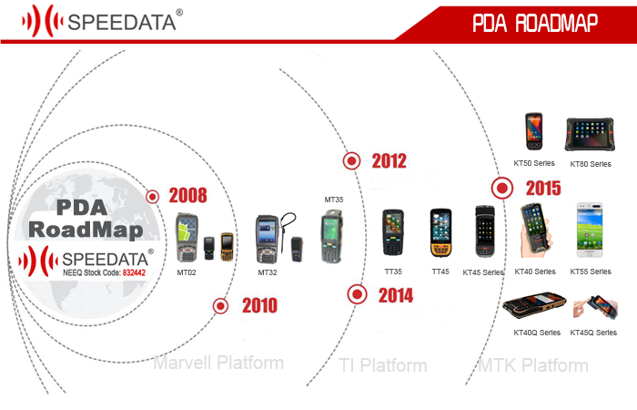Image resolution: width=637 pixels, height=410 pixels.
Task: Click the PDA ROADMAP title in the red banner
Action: pos(535,23)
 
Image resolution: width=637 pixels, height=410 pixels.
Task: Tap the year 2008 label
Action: pos(187,195)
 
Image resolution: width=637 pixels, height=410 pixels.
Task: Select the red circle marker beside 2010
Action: pos(220,306)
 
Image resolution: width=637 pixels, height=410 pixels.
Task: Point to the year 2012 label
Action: pos(389,161)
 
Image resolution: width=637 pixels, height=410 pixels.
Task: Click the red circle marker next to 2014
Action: pos(357,294)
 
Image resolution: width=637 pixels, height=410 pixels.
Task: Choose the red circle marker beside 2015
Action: pos(502,188)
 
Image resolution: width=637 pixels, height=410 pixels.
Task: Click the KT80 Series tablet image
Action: pos(590,134)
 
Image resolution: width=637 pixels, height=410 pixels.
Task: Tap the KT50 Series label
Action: pos(534,163)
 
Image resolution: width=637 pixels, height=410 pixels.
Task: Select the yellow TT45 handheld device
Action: pos(440,233)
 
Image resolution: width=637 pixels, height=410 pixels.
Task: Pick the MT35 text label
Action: pos(334,200)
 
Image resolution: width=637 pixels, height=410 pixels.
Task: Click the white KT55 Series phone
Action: pos(590,231)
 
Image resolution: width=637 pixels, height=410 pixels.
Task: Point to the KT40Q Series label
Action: pos(537,333)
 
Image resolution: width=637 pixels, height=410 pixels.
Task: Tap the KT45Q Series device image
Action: pos(595,308)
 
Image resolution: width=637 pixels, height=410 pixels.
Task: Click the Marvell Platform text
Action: pos(218,363)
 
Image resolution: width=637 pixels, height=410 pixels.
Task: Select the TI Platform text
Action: pos(383,365)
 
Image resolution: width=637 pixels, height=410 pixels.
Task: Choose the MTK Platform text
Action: pos(533,365)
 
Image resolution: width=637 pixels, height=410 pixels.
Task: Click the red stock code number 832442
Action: pos(134,272)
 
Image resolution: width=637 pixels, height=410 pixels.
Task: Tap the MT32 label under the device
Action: pos(268,272)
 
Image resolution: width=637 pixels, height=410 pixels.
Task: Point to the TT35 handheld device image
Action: pos(393,232)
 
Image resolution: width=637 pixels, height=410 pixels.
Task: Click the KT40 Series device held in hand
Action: pos(536,231)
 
